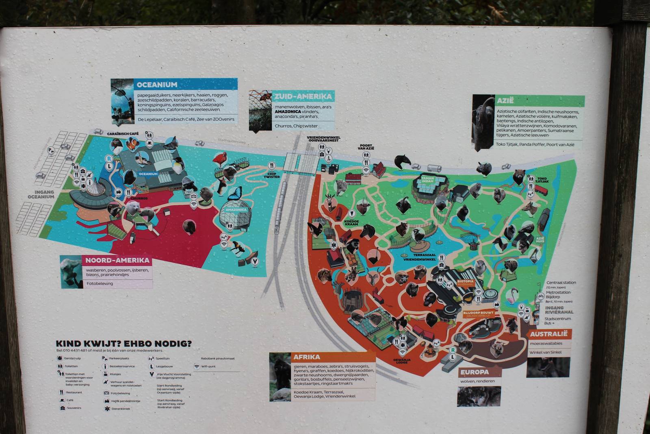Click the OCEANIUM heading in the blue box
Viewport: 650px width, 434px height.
[x=157, y=85]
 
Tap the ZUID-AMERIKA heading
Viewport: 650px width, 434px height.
[x=303, y=97]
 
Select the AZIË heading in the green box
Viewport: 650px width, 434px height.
[x=505, y=101]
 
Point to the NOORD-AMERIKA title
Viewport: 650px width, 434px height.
[x=117, y=260]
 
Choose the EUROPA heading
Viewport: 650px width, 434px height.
[x=474, y=372]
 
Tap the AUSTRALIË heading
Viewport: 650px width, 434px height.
[x=548, y=334]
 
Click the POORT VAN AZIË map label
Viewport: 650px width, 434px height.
[x=366, y=147]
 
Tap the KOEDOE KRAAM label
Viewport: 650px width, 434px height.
[x=351, y=223]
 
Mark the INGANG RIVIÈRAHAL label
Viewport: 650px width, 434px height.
[x=559, y=310]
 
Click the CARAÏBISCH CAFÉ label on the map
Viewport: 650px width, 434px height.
[x=123, y=134]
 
